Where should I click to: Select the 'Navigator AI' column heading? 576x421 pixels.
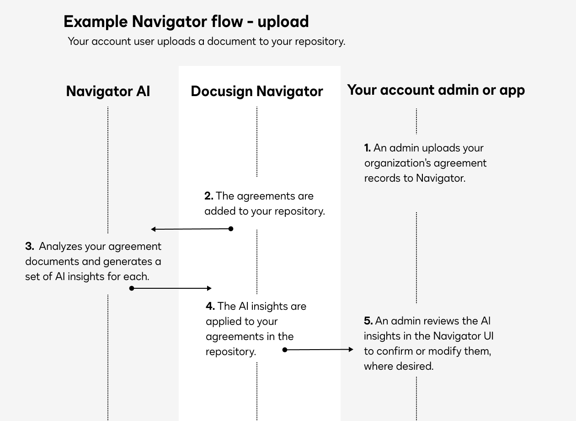pos(108,91)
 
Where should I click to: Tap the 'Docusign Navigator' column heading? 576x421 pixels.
pos(256,91)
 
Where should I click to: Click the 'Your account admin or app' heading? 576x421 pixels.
pos(436,90)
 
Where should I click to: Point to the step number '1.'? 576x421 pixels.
pos(368,148)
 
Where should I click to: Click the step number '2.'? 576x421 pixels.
pos(209,196)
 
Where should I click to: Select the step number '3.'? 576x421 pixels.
pos(30,246)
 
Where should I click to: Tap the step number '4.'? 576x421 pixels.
pos(210,306)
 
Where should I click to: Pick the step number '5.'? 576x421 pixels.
pos(368,321)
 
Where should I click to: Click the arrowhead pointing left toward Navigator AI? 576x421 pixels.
pos(154,229)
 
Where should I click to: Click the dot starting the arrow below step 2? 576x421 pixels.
pos(231,229)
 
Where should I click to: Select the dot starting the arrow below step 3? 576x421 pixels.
pos(132,288)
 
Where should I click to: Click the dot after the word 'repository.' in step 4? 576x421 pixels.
pos(285,350)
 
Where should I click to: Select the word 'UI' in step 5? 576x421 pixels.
pos(488,336)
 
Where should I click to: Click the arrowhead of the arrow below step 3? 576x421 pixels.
pos(209,288)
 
